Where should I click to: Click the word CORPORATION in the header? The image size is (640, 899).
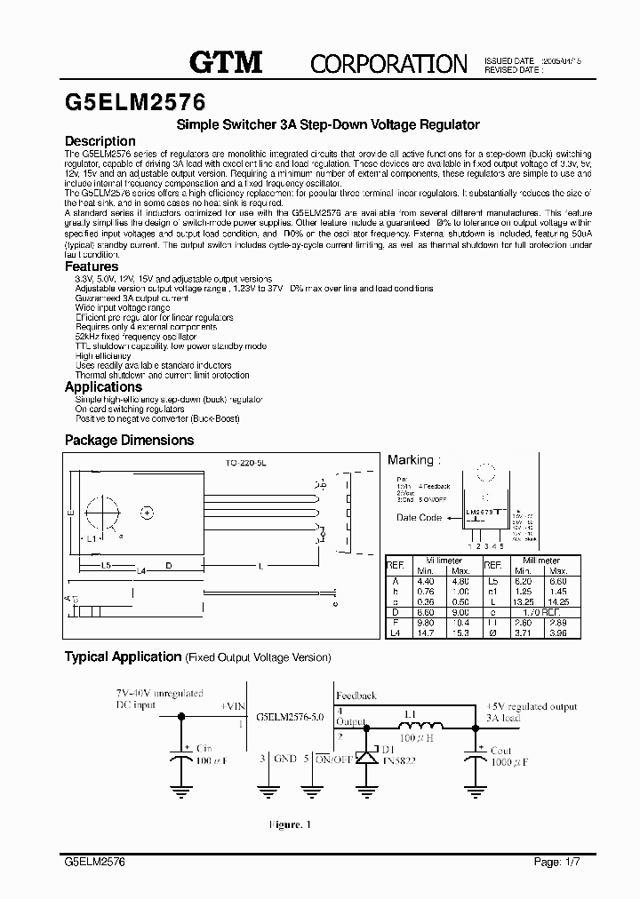[x=388, y=63]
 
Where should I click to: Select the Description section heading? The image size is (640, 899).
[x=100, y=141]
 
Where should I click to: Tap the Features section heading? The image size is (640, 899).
[x=92, y=267]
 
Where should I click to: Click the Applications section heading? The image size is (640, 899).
[x=103, y=386]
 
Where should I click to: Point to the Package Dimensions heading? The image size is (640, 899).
[x=129, y=440]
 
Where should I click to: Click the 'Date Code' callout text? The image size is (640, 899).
[x=419, y=517]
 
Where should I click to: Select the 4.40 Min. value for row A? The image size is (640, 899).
[x=426, y=580]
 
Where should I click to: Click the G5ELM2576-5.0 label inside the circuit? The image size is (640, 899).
[x=289, y=715]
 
